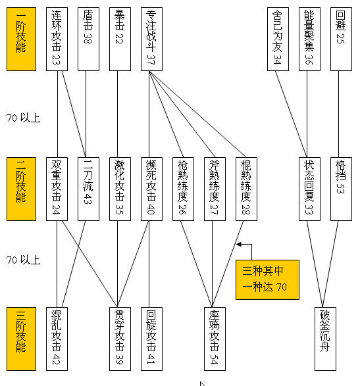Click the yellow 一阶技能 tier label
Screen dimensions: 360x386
[x=22, y=39]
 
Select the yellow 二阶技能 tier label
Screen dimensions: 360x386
[x=22, y=189]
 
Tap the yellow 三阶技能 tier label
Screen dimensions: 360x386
[x=22, y=339]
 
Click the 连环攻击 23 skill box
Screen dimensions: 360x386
[x=57, y=39]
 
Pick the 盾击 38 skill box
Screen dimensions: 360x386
[x=88, y=39]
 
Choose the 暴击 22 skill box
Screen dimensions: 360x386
[x=120, y=39]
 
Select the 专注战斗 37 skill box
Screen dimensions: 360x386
[x=151, y=39]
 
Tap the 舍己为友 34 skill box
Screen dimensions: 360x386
[x=278, y=39]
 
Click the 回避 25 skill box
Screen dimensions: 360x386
[x=341, y=39]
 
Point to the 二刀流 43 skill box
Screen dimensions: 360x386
[x=88, y=189]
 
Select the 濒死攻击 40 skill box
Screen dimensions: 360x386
[x=151, y=189]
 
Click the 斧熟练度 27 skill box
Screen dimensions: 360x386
[x=215, y=189]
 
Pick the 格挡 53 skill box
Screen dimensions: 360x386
[x=341, y=189]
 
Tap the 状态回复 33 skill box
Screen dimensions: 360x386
[x=309, y=189]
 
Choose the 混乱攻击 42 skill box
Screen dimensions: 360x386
[x=57, y=339]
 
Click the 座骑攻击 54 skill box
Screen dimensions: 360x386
[x=215, y=339]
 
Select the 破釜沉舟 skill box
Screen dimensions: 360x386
[x=325, y=339]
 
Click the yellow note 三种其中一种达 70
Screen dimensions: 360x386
[x=267, y=279]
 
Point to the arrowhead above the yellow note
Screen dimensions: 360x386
[x=238, y=245]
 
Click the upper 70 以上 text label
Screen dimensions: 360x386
[x=23, y=118]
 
